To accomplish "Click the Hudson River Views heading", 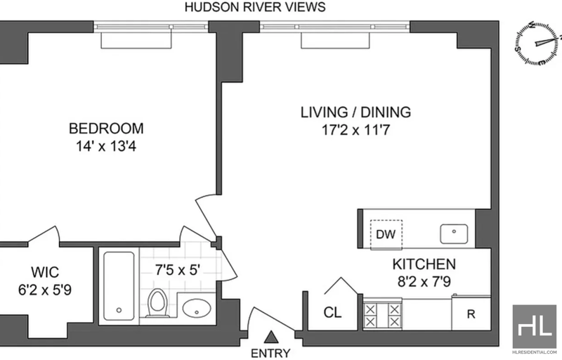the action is (255, 7).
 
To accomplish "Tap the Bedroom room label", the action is (106, 129).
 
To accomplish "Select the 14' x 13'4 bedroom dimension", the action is (106, 146).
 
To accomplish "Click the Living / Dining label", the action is (355, 112).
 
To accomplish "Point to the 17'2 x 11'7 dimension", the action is (355, 130).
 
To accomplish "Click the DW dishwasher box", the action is (386, 235).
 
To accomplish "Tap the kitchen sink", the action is (454, 233).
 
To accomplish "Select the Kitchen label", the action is (424, 264).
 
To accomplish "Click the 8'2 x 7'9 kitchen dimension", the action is (424, 281).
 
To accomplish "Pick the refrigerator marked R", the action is (471, 313).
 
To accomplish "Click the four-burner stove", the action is (382, 315).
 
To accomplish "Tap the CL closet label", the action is (332, 312).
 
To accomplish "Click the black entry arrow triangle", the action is (272, 337).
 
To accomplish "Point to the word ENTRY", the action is (270, 353).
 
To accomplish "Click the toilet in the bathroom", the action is (157, 303).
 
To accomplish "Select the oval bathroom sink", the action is (197, 308).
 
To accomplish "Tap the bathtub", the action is (119, 288).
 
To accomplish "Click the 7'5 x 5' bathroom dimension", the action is (178, 269).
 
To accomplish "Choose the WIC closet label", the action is (45, 272).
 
